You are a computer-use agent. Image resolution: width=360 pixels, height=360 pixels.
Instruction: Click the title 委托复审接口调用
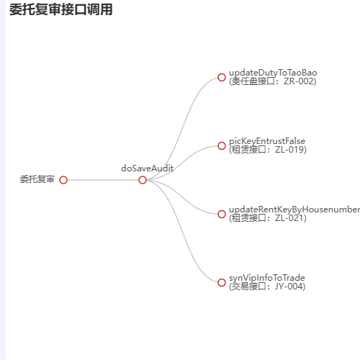(x=61, y=9)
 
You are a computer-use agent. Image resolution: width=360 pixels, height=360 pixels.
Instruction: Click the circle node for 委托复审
(x=63, y=180)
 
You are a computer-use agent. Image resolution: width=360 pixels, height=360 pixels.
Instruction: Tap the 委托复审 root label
(x=37, y=179)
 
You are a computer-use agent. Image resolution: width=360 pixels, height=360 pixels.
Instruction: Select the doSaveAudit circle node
(x=143, y=180)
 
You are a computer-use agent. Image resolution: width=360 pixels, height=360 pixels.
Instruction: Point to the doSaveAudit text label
(x=148, y=168)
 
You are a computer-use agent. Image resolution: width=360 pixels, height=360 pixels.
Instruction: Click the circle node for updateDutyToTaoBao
(x=222, y=77)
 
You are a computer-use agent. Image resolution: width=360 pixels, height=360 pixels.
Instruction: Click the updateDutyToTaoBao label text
(x=273, y=73)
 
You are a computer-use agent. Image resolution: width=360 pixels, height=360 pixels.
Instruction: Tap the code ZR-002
(x=299, y=81)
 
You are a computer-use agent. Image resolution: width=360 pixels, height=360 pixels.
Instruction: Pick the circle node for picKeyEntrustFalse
(x=222, y=145)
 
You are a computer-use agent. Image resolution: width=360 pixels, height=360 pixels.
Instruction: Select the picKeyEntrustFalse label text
(x=267, y=141)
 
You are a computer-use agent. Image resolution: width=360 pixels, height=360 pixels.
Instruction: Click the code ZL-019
(x=289, y=150)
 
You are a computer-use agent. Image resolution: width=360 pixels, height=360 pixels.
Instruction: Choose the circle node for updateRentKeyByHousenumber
(x=222, y=214)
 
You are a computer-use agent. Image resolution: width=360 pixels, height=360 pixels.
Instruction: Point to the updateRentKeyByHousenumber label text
(x=294, y=210)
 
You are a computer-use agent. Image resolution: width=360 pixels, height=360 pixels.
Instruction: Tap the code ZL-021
(x=289, y=218)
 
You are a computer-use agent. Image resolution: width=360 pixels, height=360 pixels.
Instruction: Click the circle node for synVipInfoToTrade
(x=222, y=282)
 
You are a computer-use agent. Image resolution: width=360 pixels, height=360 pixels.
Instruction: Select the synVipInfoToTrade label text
(x=267, y=278)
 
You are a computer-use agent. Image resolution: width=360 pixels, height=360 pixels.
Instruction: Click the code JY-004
(x=289, y=287)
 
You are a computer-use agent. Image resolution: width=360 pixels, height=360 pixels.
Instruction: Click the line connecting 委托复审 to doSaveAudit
(x=103, y=180)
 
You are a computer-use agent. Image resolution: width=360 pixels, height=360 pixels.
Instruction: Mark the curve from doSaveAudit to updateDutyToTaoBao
(x=184, y=127)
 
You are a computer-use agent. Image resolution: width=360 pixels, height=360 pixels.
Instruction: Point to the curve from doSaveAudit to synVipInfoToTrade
(x=184, y=233)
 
